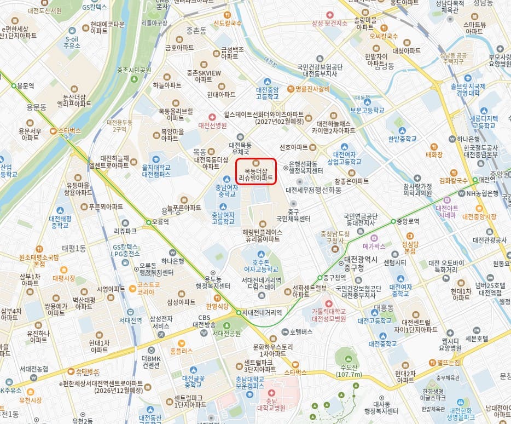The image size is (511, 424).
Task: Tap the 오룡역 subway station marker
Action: (148, 222)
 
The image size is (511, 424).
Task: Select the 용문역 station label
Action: (26, 86)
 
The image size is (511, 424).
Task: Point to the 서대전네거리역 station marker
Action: (239, 313)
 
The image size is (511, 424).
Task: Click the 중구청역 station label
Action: (335, 277)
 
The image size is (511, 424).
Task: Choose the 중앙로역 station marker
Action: (393, 221)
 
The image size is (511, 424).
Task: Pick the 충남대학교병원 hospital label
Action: (272, 404)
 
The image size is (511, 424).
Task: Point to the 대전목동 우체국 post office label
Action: (240, 148)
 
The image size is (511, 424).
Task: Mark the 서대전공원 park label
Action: (227, 333)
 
